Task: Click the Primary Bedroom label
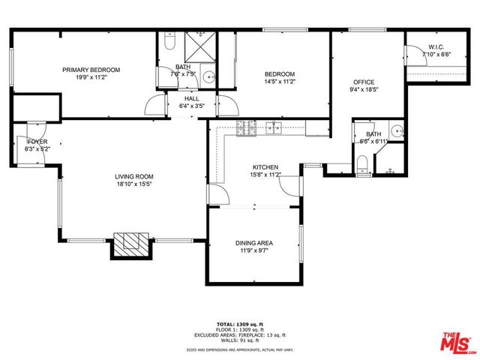(91, 70)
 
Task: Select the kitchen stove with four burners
(245, 128)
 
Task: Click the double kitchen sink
(272, 128)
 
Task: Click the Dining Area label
(255, 243)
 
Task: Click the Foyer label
(37, 141)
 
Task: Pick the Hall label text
(192, 97)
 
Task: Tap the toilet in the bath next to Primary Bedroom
(169, 45)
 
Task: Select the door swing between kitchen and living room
(217, 193)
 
